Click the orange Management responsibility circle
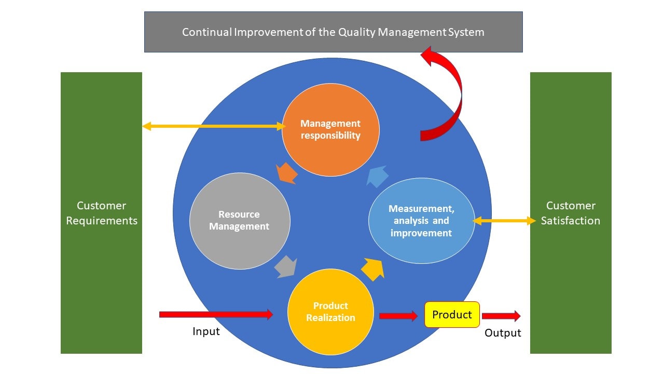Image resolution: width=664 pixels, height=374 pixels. [x=330, y=130]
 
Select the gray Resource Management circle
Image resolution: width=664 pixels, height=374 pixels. [x=240, y=221]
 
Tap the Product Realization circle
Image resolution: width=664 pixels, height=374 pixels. [x=330, y=312]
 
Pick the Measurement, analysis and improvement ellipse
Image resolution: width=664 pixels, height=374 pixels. [x=421, y=221]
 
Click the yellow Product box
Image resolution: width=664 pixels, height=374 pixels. [x=452, y=315]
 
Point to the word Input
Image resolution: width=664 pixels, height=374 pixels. [x=206, y=331]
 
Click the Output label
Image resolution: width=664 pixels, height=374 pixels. [x=503, y=333]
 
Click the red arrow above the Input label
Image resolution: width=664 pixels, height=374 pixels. [x=215, y=314]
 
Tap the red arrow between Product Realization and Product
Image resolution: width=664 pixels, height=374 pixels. [x=398, y=316]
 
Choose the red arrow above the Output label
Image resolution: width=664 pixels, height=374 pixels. [x=501, y=316]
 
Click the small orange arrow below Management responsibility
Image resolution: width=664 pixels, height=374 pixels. [x=287, y=173]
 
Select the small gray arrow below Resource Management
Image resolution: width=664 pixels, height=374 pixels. [x=285, y=266]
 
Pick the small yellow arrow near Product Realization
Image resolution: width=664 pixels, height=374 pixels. [x=373, y=269]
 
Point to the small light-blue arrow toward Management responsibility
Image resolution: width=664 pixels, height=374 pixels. [x=378, y=176]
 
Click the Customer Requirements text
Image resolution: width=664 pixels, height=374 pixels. [x=102, y=213]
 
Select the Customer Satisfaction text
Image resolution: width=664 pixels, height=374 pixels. [x=571, y=213]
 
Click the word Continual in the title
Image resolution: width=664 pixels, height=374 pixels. [x=206, y=32]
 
